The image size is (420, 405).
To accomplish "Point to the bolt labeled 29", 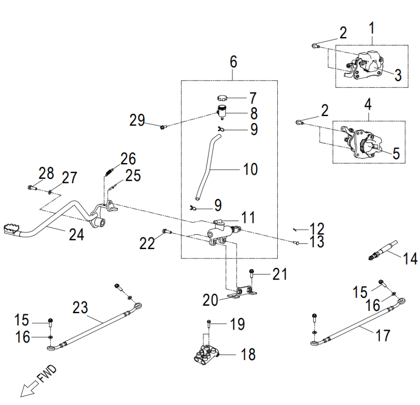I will [162, 126].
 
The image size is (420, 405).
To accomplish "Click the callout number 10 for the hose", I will [251, 169].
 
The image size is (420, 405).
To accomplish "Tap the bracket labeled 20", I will [243, 293].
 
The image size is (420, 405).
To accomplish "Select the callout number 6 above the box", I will [233, 62].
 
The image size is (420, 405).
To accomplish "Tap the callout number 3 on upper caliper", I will [397, 75].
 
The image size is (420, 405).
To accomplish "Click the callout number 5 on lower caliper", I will [396, 153].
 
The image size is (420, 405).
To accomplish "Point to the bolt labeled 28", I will [31, 188].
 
